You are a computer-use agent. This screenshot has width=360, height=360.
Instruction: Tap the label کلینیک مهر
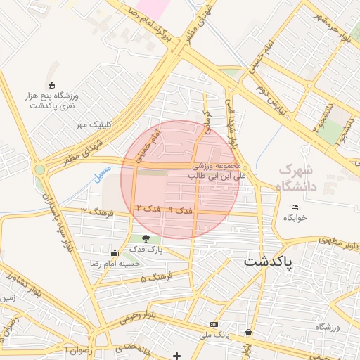95,124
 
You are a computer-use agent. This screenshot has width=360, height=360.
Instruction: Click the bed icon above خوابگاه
295,207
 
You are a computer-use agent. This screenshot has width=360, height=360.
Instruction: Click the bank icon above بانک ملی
214,324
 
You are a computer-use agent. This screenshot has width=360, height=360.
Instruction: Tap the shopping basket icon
249,332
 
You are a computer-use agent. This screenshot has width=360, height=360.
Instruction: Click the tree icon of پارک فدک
146,238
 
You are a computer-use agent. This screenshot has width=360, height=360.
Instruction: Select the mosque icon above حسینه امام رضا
115,252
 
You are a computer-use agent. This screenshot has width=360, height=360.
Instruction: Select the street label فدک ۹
180,210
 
